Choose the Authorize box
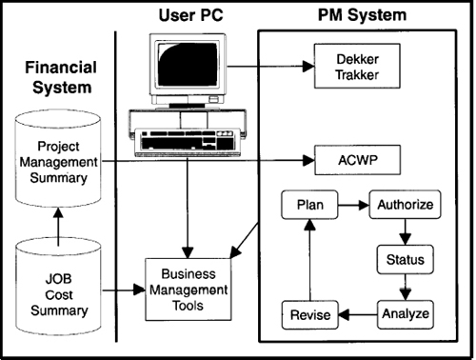pos(406,205)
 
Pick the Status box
pos(406,259)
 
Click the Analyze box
pos(406,312)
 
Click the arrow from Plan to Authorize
pos(354,205)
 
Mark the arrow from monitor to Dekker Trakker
pos(270,67)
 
